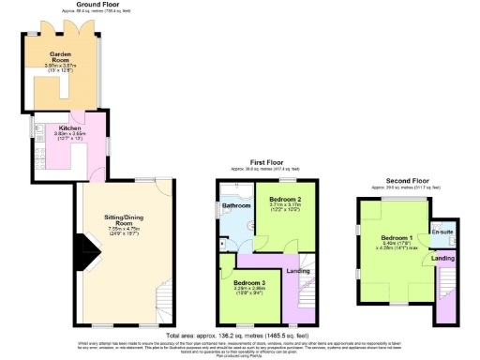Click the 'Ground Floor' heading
click(x=67, y=5)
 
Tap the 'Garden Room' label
click(x=62, y=57)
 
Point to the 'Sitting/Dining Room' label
click(x=124, y=217)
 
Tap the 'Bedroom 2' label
click(x=285, y=200)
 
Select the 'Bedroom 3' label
click(x=250, y=282)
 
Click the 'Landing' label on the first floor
click(x=298, y=271)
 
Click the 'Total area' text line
click(x=239, y=335)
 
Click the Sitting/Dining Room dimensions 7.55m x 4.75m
click(x=124, y=228)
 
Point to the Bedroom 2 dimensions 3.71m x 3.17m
click(x=285, y=207)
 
